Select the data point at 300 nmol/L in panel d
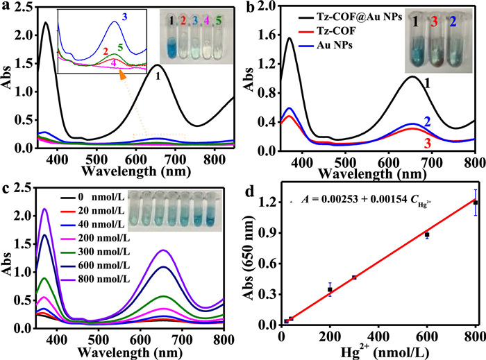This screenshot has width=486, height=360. point(354,277)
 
